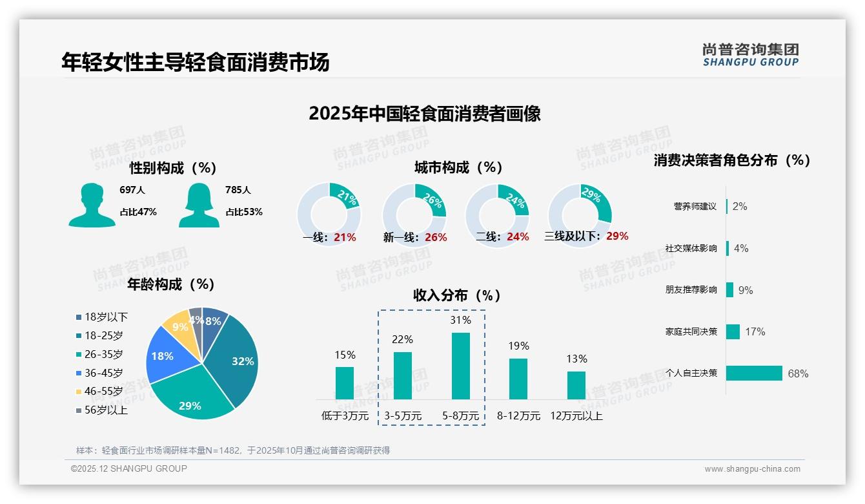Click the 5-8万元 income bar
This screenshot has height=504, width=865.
click(x=460, y=366)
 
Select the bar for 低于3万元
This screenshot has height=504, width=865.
click(x=345, y=383)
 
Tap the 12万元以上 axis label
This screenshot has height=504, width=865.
click(x=576, y=416)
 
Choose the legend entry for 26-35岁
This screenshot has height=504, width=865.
click(x=103, y=354)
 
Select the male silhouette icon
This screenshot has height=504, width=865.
click(x=92, y=205)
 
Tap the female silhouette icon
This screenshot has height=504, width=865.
click(x=199, y=205)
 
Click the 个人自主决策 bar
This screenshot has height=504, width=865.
click(x=754, y=373)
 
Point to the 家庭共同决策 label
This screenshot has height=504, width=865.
click(x=691, y=331)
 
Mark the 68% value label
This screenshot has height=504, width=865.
click(x=798, y=373)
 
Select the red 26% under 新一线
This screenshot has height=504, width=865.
click(x=436, y=237)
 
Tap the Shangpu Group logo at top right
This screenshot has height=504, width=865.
click(x=750, y=54)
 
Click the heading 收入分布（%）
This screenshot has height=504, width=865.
click(x=457, y=295)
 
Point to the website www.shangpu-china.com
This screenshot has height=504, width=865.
click(x=752, y=469)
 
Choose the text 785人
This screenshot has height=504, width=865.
click(x=238, y=190)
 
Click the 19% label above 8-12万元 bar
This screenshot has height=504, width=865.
click(x=518, y=346)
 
